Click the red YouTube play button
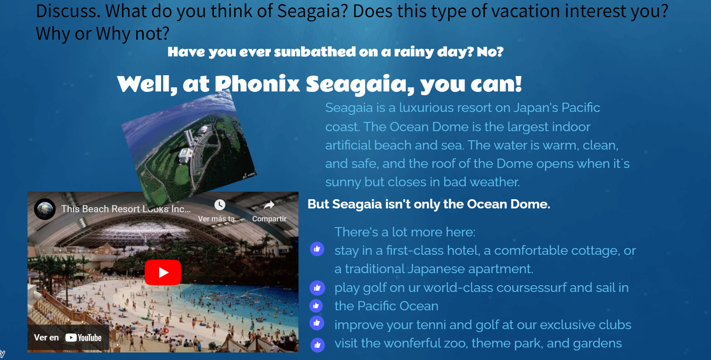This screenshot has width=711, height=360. coord(163,272)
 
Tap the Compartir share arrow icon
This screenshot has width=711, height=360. coord(269,205)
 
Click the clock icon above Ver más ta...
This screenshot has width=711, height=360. coord(220,205)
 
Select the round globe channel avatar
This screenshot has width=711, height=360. coord(45,209)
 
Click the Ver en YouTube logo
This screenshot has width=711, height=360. coord(83,337)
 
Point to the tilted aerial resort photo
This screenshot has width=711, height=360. coord(189,149)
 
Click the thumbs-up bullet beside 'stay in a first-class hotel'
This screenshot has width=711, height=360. coord(317,249)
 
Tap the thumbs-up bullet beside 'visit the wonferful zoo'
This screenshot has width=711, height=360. coord(317,345)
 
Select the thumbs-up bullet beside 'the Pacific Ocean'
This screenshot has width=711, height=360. coord(316,306)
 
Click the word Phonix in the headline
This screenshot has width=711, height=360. coord(258,84)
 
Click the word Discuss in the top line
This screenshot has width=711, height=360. coord(68,11)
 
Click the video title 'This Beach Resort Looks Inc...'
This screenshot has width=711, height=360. coord(126,209)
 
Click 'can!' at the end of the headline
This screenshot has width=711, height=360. coord(496,84)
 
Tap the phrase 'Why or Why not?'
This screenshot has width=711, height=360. coord(103,34)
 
